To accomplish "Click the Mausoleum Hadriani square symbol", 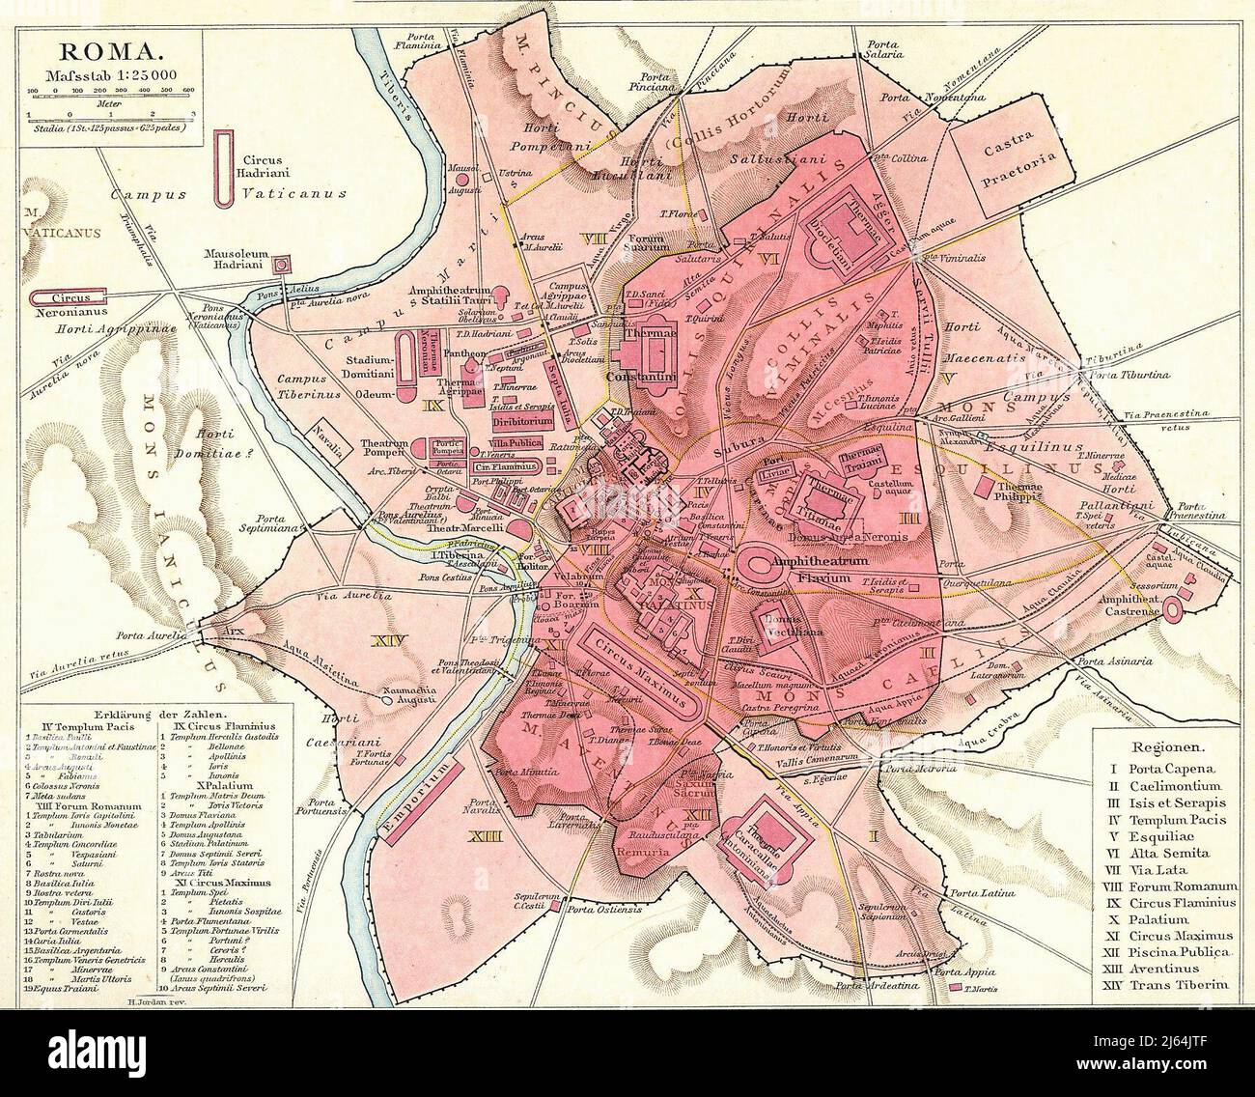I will [283, 264].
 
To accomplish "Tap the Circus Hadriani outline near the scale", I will [224, 166].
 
